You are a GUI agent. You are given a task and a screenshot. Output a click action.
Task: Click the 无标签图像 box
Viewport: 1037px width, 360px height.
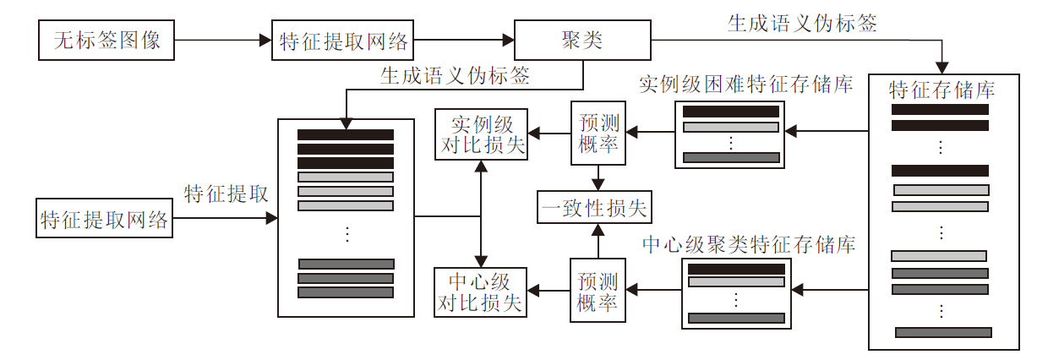[x=106, y=39]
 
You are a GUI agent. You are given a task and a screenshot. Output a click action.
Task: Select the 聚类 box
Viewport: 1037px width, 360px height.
[x=581, y=39]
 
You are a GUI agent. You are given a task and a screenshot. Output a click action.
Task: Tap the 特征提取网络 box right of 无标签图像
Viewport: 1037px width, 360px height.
[x=343, y=40]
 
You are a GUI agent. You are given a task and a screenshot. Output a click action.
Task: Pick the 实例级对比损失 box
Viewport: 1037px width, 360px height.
[x=480, y=133]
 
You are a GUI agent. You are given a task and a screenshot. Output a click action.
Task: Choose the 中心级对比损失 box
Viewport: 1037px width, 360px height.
[x=480, y=292]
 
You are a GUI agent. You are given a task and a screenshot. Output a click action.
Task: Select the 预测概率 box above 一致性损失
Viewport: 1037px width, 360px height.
[x=598, y=132]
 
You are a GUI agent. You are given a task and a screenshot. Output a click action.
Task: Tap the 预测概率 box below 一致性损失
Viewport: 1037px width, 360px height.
[x=598, y=292]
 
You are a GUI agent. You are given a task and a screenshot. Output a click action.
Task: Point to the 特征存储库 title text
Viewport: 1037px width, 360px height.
[x=941, y=90]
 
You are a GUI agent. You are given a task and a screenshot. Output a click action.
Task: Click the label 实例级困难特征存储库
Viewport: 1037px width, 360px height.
[x=745, y=85]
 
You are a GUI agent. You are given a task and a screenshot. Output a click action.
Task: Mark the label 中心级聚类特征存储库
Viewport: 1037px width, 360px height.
[x=749, y=245]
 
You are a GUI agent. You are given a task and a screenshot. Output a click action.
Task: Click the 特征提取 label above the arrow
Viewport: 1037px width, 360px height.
[x=227, y=193]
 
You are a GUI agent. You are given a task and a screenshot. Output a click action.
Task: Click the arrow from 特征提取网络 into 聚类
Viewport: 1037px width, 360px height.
[x=465, y=40]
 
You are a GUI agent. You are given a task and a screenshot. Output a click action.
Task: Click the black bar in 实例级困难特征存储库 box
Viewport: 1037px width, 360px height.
[x=730, y=112]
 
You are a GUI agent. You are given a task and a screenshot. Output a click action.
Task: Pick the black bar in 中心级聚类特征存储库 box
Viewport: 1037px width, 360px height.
[x=736, y=270]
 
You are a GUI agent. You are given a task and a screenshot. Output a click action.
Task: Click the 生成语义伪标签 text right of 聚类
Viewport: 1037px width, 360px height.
[x=802, y=23]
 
